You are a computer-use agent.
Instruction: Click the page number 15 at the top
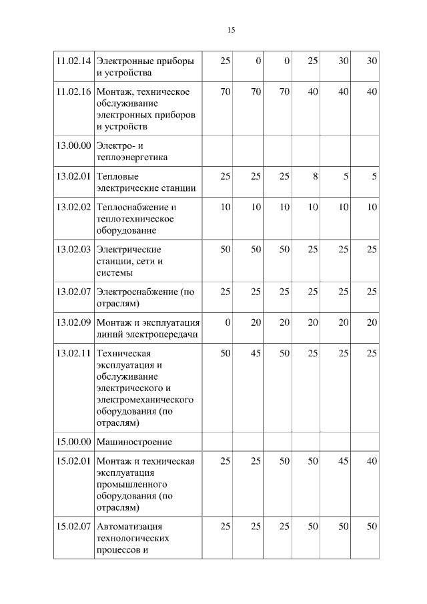[231, 30]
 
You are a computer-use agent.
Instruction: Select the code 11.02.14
[73, 61]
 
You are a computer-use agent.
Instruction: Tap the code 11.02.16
[73, 91]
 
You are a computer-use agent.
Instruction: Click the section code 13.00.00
[73, 146]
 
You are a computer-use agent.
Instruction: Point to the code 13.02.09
[73, 322]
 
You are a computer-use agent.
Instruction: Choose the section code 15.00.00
[73, 441]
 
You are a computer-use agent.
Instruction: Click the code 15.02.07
[73, 527]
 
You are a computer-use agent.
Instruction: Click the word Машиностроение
[134, 441]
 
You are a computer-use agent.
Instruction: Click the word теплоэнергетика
[132, 158]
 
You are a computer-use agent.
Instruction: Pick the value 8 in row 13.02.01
[314, 176]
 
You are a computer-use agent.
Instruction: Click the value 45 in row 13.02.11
[256, 352]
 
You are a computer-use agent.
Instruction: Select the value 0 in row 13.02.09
[228, 322]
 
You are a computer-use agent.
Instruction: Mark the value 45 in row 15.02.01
[343, 461]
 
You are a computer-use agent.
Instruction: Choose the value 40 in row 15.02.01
[371, 461]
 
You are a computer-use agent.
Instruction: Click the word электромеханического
[145, 399]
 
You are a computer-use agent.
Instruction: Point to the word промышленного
[131, 484]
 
